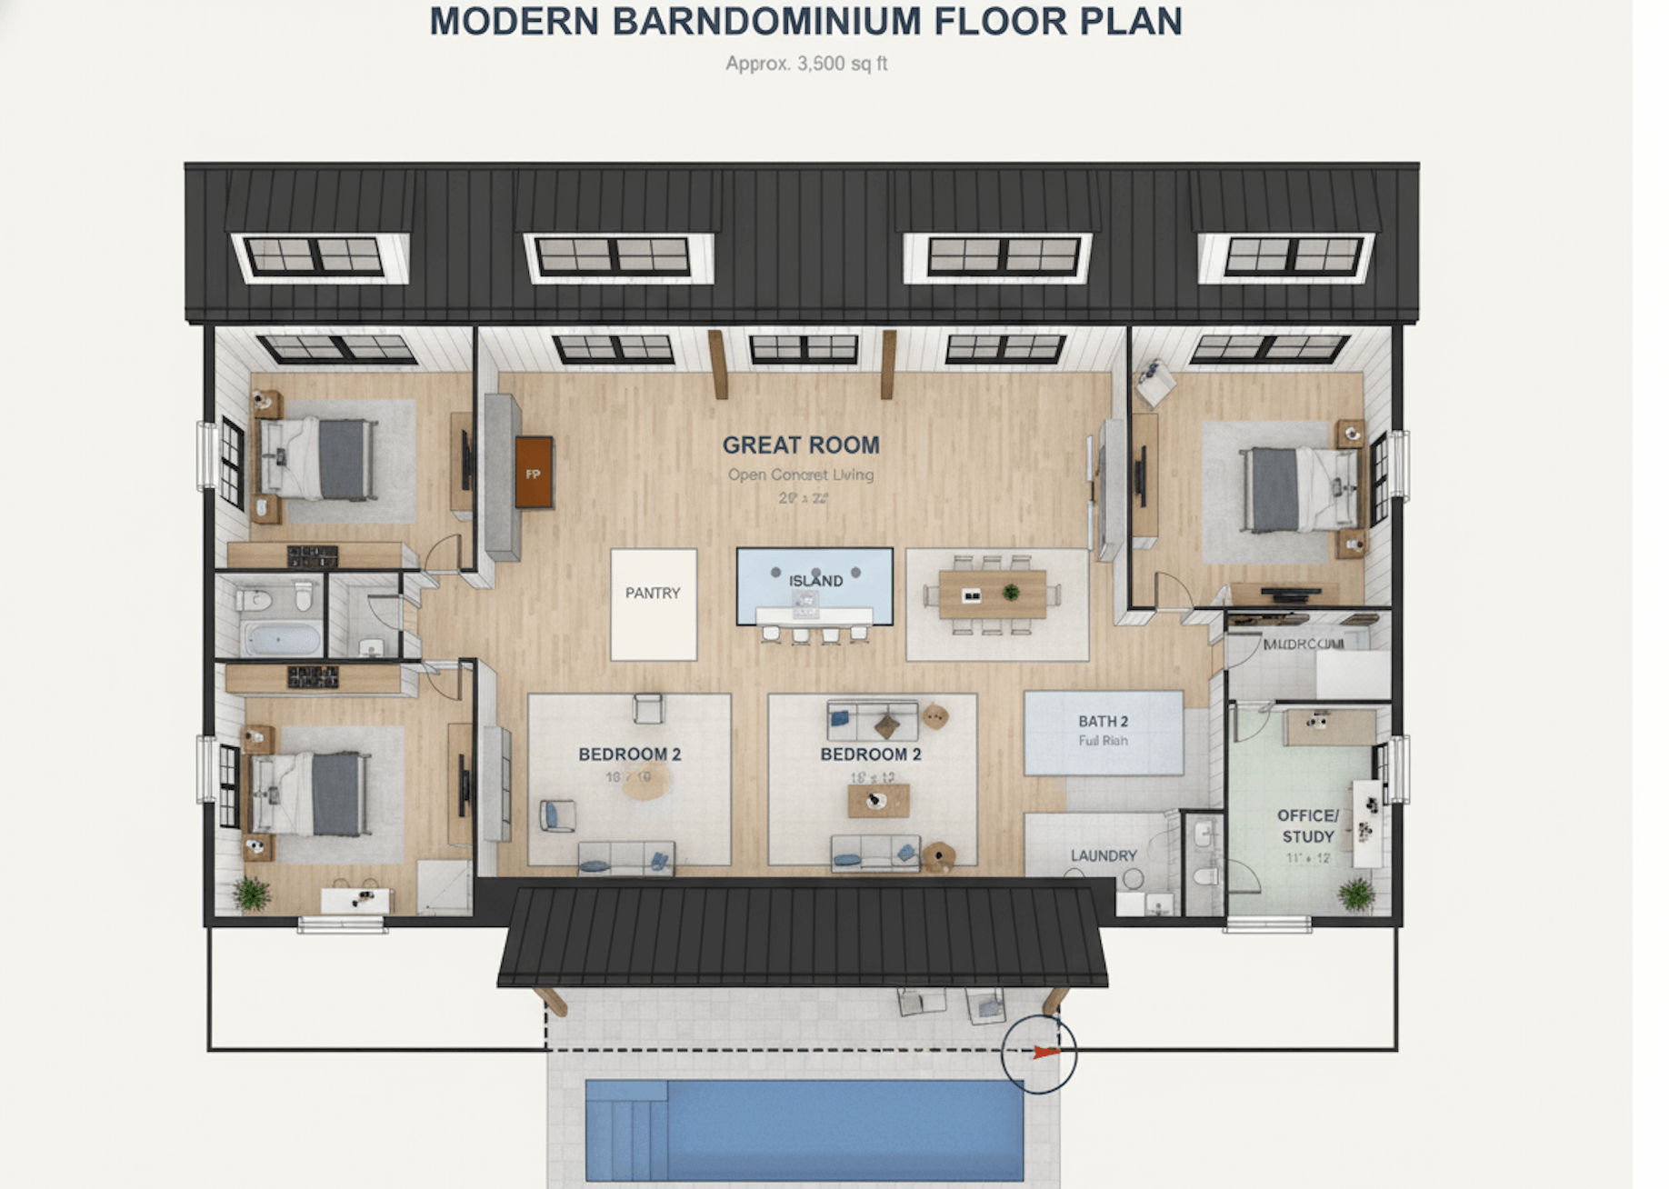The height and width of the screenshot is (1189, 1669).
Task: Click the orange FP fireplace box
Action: point(534,473)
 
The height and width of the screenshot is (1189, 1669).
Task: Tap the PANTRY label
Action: point(652,593)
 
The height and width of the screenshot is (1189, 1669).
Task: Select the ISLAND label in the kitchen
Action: point(815,580)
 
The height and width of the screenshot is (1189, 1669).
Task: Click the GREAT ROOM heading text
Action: point(801,445)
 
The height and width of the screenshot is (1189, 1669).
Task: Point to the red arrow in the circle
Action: point(1045,1053)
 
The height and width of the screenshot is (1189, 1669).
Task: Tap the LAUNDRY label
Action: point(1103,855)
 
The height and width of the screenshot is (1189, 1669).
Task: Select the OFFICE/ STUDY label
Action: point(1307,825)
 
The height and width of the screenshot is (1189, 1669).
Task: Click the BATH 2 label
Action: point(1103,721)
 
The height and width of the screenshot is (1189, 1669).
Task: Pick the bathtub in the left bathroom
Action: point(283,639)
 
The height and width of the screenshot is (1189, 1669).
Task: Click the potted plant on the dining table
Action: point(1010,593)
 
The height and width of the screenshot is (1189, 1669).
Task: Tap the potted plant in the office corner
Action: point(1356,894)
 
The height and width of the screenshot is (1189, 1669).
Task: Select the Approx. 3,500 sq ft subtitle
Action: point(805,64)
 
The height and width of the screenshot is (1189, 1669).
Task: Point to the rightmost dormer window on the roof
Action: point(1293,256)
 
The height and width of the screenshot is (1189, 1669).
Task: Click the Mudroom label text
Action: point(1303,644)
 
